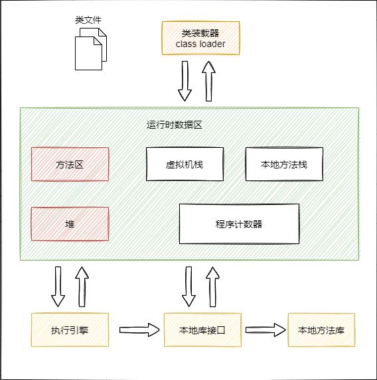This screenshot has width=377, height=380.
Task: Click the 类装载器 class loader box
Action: pyautogui.click(x=200, y=38)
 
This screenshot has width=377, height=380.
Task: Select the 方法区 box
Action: pyautogui.click(x=70, y=164)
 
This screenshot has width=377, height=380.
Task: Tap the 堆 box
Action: pyautogui.click(x=70, y=224)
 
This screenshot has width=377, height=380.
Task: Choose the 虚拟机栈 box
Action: pyautogui.click(x=185, y=164)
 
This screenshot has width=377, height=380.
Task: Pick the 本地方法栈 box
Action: pyautogui.click(x=284, y=164)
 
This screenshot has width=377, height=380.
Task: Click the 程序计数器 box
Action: pyautogui.click(x=239, y=223)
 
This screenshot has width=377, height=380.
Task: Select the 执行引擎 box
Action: pyautogui.click(x=70, y=330)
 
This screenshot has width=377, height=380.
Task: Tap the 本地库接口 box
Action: pyautogui.click(x=202, y=330)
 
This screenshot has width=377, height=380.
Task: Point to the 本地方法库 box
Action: pyautogui.click(x=321, y=330)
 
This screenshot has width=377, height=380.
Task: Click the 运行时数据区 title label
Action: pyautogui.click(x=175, y=125)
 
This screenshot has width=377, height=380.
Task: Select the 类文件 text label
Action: pyautogui.click(x=88, y=20)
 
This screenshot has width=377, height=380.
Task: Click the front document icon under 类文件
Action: pyautogui.click(x=88, y=53)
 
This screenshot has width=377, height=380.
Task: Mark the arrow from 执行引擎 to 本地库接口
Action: pyautogui.click(x=139, y=330)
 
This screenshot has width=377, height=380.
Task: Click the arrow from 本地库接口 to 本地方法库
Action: pyautogui.click(x=265, y=330)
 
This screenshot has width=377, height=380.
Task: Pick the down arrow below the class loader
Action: pyautogui.click(x=185, y=81)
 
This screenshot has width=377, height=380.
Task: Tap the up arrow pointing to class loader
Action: pyautogui.click(x=208, y=81)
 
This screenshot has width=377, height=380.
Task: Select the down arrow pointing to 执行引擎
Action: pyautogui.click(x=58, y=286)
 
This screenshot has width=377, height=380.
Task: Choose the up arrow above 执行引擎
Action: pyautogui.click(x=82, y=286)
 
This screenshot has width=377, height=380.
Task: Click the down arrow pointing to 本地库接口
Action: pyautogui.click(x=188, y=286)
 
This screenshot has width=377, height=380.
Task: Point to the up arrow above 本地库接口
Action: pyautogui.click(x=213, y=286)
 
